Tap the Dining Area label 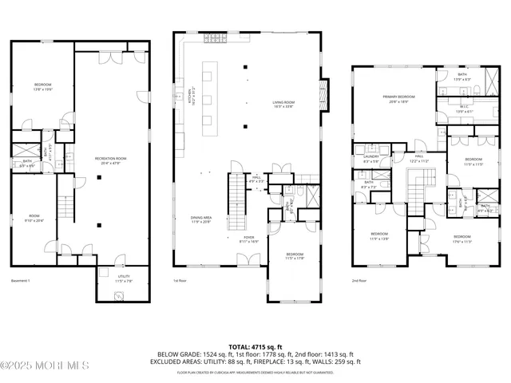pyautogui.click(x=200, y=219)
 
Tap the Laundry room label pyautogui.click(x=370, y=159)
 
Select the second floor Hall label pyautogui.click(x=419, y=158)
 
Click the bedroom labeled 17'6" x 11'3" pyautogui.click(x=463, y=239)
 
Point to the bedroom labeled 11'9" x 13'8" pyautogui.click(x=378, y=236)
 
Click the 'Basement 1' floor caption pyautogui.click(x=20, y=281)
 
